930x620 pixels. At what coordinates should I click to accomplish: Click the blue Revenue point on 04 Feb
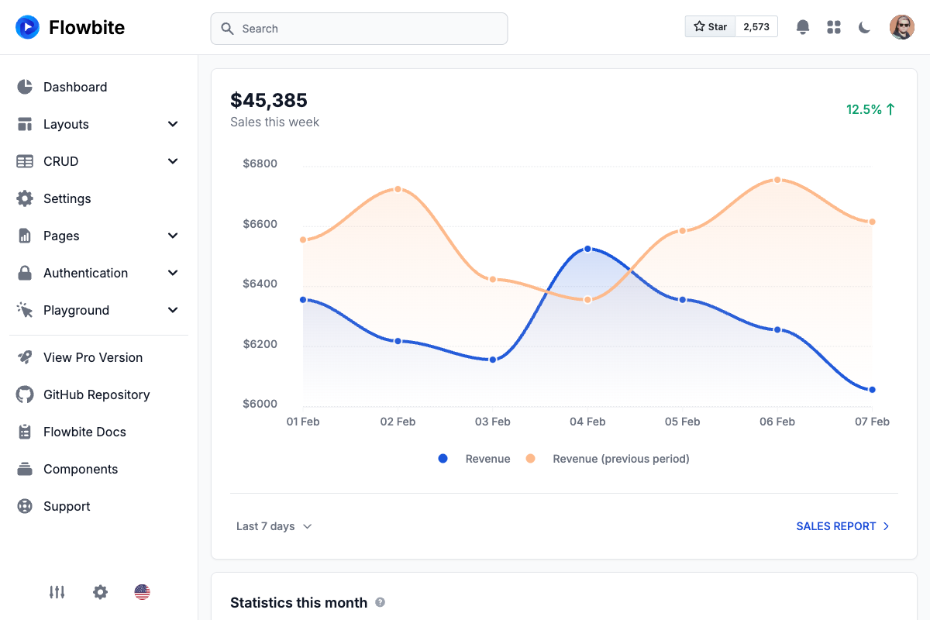587,249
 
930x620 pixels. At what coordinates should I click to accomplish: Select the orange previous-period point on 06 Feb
777,180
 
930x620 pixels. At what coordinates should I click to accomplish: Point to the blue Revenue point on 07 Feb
872,390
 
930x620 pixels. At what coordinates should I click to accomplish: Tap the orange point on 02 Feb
398,189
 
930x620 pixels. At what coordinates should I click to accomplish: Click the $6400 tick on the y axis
260,284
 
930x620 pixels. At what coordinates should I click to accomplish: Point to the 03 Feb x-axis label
492,422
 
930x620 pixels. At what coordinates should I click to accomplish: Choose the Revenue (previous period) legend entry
620,459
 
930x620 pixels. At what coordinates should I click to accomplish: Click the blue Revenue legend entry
487,459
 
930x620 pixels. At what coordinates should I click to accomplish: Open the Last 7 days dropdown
274,526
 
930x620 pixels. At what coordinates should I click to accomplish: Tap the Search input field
359,29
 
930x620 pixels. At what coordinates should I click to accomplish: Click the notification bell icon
803,27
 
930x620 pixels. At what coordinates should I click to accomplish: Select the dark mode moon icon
865,27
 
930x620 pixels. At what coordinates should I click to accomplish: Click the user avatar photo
901,27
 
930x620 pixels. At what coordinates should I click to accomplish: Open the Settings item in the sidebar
67,198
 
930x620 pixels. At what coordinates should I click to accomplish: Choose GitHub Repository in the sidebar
96,394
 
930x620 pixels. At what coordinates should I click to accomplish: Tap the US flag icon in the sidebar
142,592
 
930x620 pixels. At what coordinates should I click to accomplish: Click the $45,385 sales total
269,100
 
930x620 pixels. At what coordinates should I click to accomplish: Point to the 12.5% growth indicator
870,109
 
